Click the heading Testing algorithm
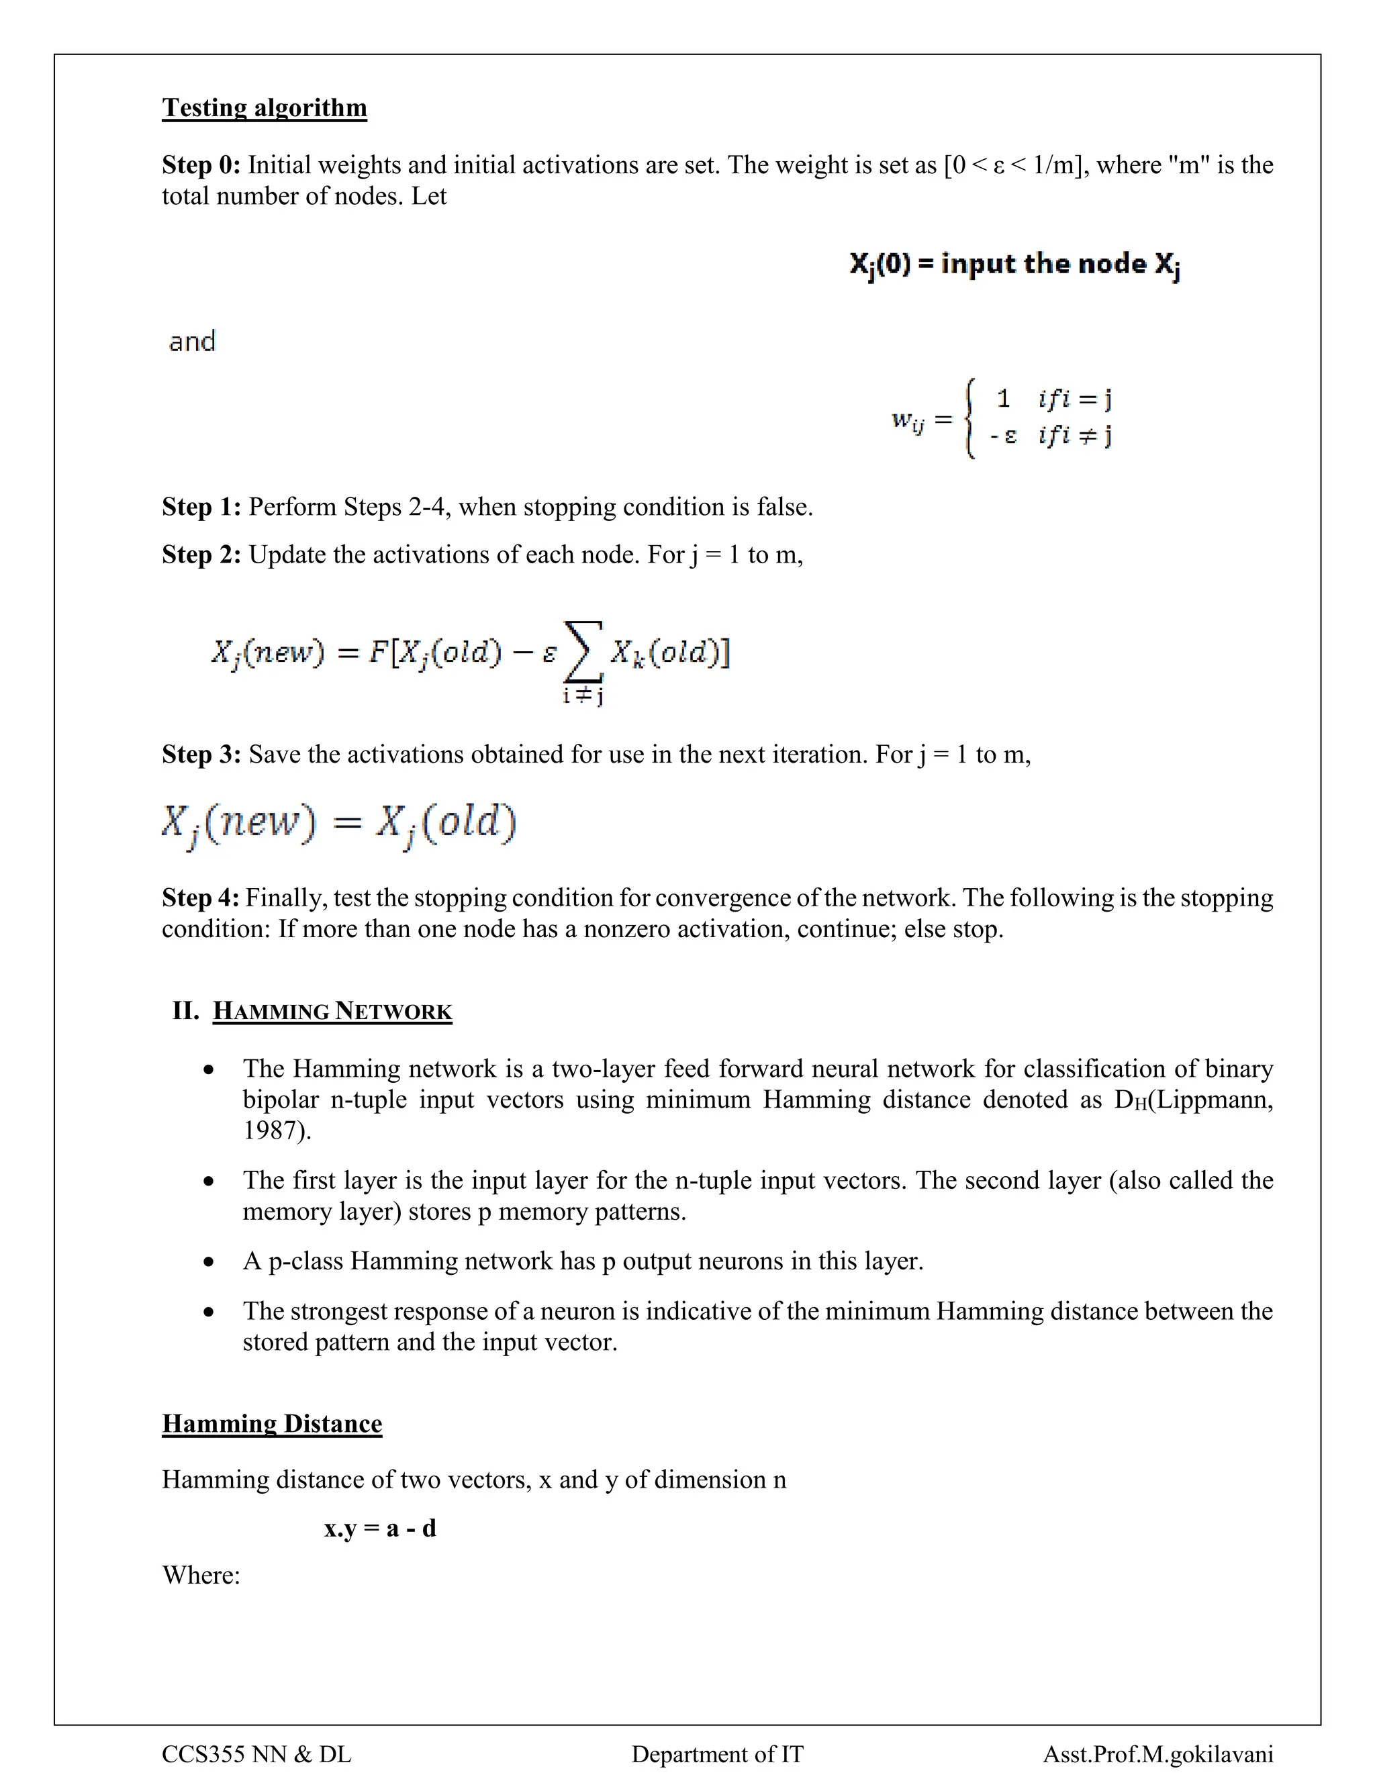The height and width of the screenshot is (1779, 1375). coord(264,107)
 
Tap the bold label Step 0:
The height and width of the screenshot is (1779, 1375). coord(200,165)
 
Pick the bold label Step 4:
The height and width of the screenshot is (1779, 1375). coord(200,898)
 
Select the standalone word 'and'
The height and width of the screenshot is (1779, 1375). coord(192,341)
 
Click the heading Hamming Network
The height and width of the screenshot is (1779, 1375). coord(332,1012)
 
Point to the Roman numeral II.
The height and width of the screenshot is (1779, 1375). coord(186,1011)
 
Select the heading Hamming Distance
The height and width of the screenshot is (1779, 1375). coord(272,1423)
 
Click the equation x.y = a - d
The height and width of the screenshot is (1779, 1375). coord(379,1527)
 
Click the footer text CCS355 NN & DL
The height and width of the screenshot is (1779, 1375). coord(256,1753)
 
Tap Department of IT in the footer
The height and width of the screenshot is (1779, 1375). coord(717,1753)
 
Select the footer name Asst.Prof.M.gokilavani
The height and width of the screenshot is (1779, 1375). coord(1157,1753)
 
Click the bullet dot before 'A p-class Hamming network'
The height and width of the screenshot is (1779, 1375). coord(210,1262)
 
